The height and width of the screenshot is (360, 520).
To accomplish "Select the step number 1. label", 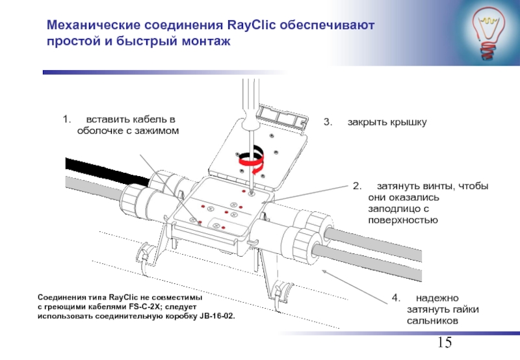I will (x=66, y=120).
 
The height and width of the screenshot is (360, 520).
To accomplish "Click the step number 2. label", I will (x=357, y=186).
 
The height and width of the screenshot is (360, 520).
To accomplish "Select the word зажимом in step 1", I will (x=158, y=131).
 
